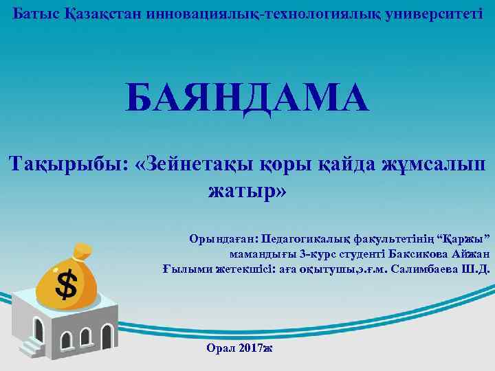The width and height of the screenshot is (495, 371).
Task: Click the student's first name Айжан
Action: point(471,254)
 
